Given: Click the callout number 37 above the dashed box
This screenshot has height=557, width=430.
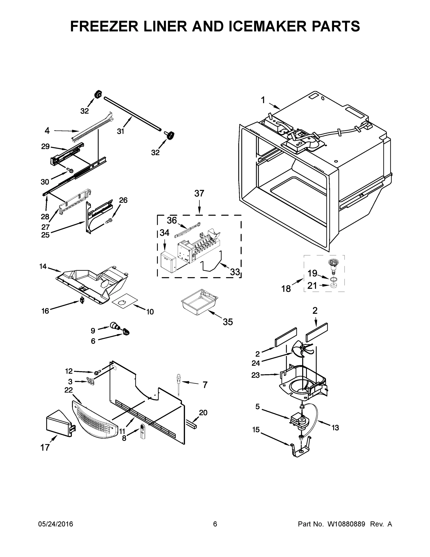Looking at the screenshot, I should tap(199, 194).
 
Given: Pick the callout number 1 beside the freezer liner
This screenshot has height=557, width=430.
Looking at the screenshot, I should tap(263, 100).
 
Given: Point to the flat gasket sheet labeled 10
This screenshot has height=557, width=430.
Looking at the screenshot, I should tap(125, 302).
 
